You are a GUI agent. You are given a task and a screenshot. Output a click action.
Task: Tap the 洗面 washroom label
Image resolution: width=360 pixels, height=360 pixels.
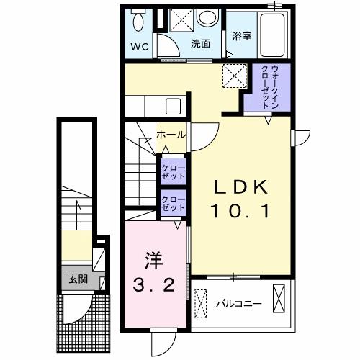[x=200, y=44]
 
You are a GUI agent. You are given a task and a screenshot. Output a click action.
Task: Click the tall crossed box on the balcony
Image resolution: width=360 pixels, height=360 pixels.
[x=279, y=298]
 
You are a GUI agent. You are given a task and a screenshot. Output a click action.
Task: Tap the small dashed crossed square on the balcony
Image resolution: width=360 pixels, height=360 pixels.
[x=201, y=298]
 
